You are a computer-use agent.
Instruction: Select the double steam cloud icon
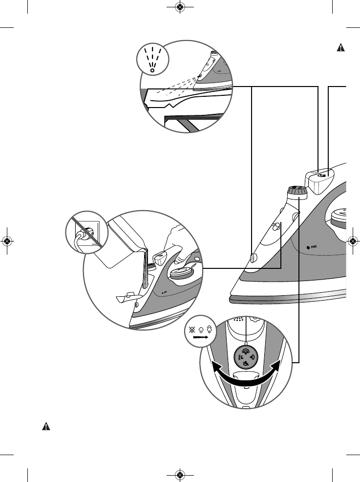pyautogui.click(x=209, y=329)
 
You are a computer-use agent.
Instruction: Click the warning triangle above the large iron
pyautogui.click(x=341, y=48)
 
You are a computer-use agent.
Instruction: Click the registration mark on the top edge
pyautogui.click(x=180, y=7)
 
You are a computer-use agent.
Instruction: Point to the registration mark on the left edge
pyautogui.click(x=7, y=241)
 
